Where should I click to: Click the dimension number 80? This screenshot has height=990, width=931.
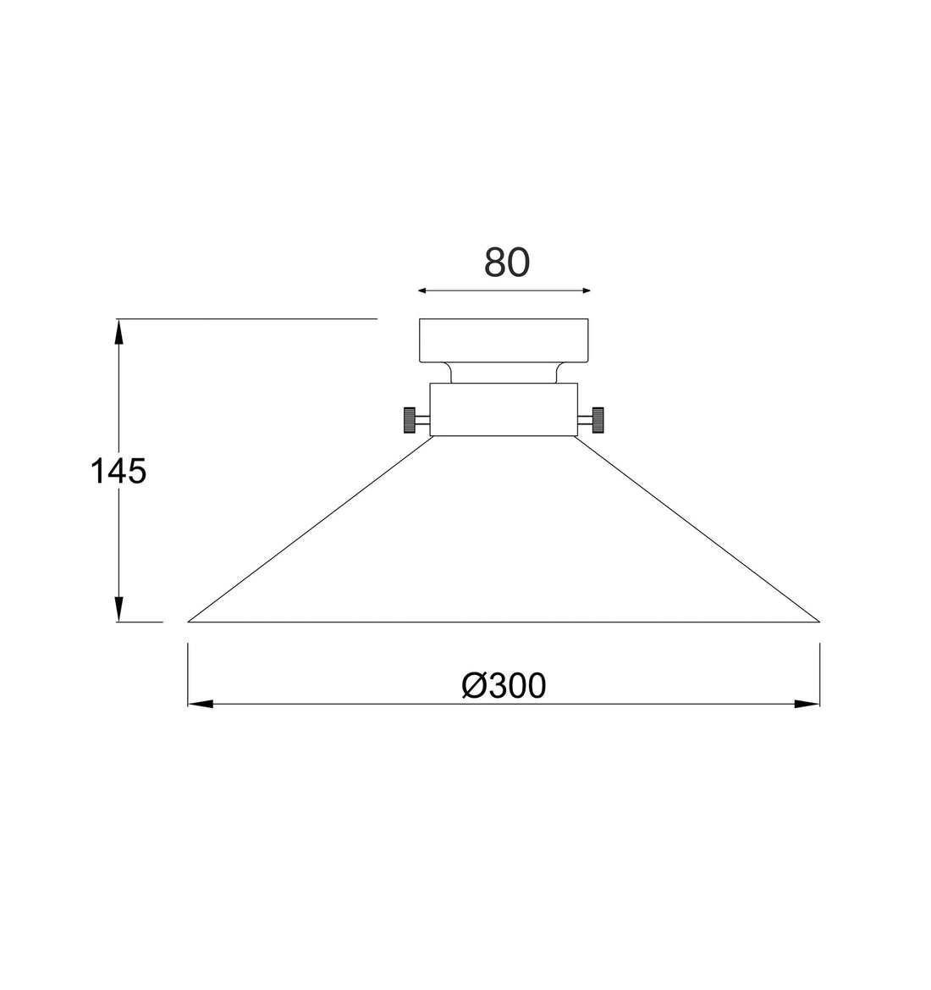506,263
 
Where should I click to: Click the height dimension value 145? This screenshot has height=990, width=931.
118,471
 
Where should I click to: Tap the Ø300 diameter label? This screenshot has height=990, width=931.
504,686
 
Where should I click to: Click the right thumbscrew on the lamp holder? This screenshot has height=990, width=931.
598,420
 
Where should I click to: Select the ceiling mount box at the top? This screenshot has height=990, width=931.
504,340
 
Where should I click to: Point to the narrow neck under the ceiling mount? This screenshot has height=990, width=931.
504,373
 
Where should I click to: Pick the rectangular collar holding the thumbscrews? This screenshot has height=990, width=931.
504,410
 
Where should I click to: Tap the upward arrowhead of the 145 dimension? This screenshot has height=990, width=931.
119,330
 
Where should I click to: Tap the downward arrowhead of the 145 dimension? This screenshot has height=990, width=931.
119,610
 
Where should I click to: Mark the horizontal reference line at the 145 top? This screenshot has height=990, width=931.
254,319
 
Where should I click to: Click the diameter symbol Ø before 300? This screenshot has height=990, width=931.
475,686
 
